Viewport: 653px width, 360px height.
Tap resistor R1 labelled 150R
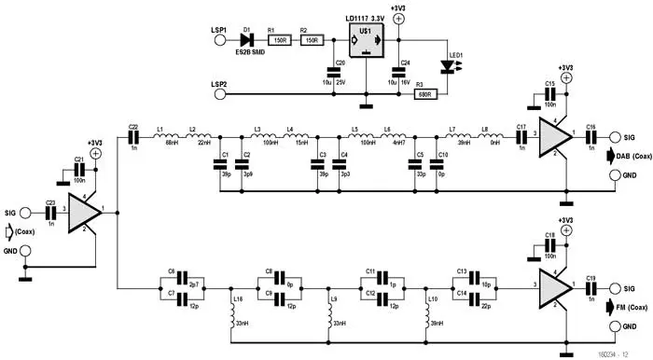click(x=278, y=40)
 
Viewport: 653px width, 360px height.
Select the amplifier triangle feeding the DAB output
click(x=557, y=136)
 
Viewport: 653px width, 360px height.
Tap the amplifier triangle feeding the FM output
click(x=557, y=288)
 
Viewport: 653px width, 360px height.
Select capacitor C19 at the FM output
click(x=591, y=288)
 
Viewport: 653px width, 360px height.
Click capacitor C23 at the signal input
click(x=49, y=214)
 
